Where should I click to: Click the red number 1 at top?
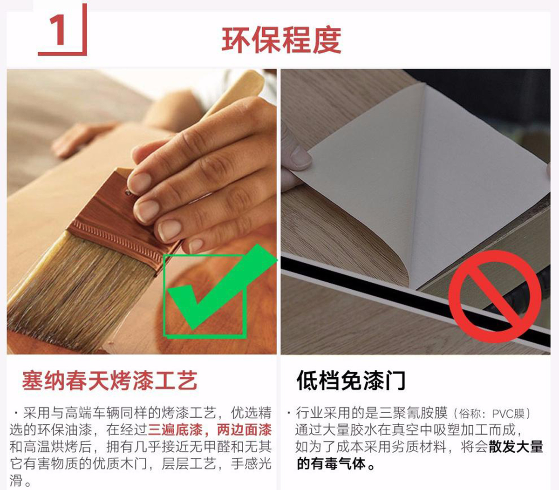click(57, 31)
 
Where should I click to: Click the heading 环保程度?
click(281, 40)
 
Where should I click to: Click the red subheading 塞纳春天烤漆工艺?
click(109, 381)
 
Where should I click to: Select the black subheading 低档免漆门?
click(351, 381)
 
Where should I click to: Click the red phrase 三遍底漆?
click(175, 430)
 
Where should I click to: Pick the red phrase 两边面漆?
click(245, 430)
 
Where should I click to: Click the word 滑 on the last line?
click(16, 480)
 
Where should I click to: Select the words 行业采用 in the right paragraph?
click(323, 413)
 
